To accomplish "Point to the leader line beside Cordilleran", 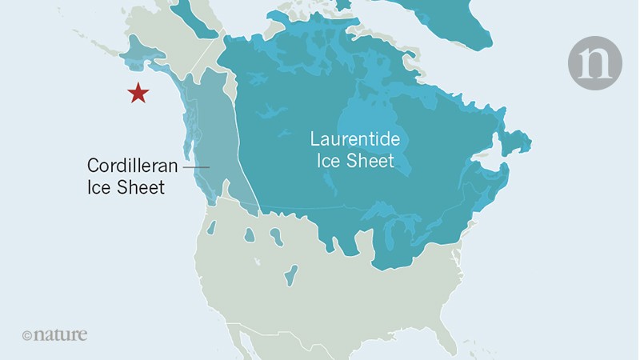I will [197, 166].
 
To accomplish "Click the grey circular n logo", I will [594, 63].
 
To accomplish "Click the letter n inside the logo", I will [594, 63].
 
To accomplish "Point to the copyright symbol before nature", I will [26, 335].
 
